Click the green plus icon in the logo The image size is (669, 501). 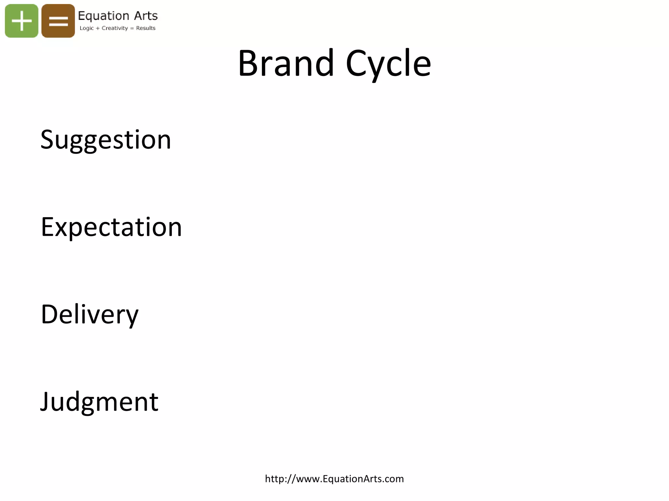coord(22,21)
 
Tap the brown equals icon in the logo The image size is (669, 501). coord(58,21)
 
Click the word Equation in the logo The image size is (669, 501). coord(104,16)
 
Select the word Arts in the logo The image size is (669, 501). coord(146,16)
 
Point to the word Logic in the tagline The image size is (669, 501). coord(87,28)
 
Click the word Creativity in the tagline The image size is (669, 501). coord(115,28)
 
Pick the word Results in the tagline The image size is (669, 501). coord(146,28)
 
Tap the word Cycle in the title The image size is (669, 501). coord(388,64)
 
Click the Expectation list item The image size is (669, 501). coord(111,227)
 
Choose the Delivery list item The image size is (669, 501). coord(90,314)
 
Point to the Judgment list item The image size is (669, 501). coord(99,402)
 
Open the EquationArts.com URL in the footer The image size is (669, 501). coord(334,479)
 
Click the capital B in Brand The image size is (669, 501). coord(249,63)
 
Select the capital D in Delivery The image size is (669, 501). coord(50,314)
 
